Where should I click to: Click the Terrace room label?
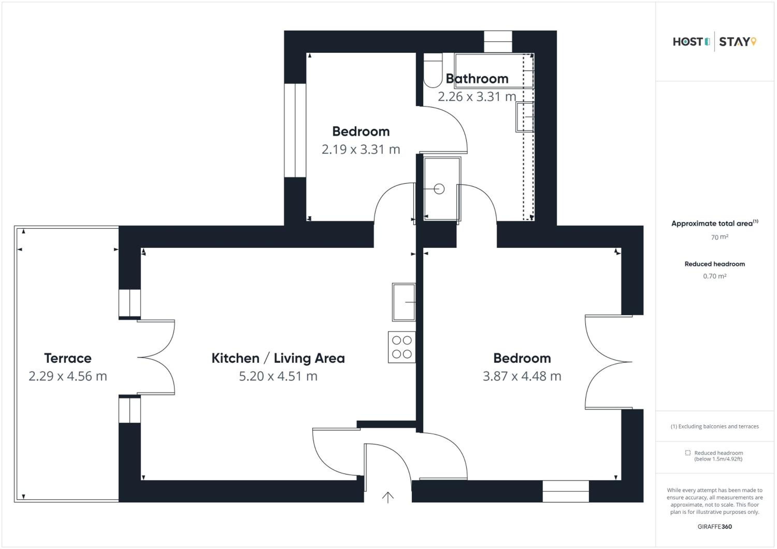pos(68,358)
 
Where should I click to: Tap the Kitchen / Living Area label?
pos(278,358)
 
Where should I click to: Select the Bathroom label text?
pos(477,79)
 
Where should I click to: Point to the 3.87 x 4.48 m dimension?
pos(522,376)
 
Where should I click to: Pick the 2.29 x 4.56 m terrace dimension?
pos(68,376)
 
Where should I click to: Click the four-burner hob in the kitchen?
pos(402,347)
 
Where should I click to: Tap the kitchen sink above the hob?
pos(404,302)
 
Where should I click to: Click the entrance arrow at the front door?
pos(388,498)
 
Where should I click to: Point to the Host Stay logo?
pos(714,42)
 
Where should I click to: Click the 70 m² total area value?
pos(720,237)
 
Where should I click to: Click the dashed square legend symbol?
pos(688,453)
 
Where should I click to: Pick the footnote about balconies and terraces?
pos(715,426)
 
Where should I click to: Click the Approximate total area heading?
pos(715,223)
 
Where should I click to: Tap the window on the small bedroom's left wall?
pos(295,130)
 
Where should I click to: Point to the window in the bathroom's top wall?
pos(498,42)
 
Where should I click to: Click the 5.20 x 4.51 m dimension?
pos(278,376)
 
